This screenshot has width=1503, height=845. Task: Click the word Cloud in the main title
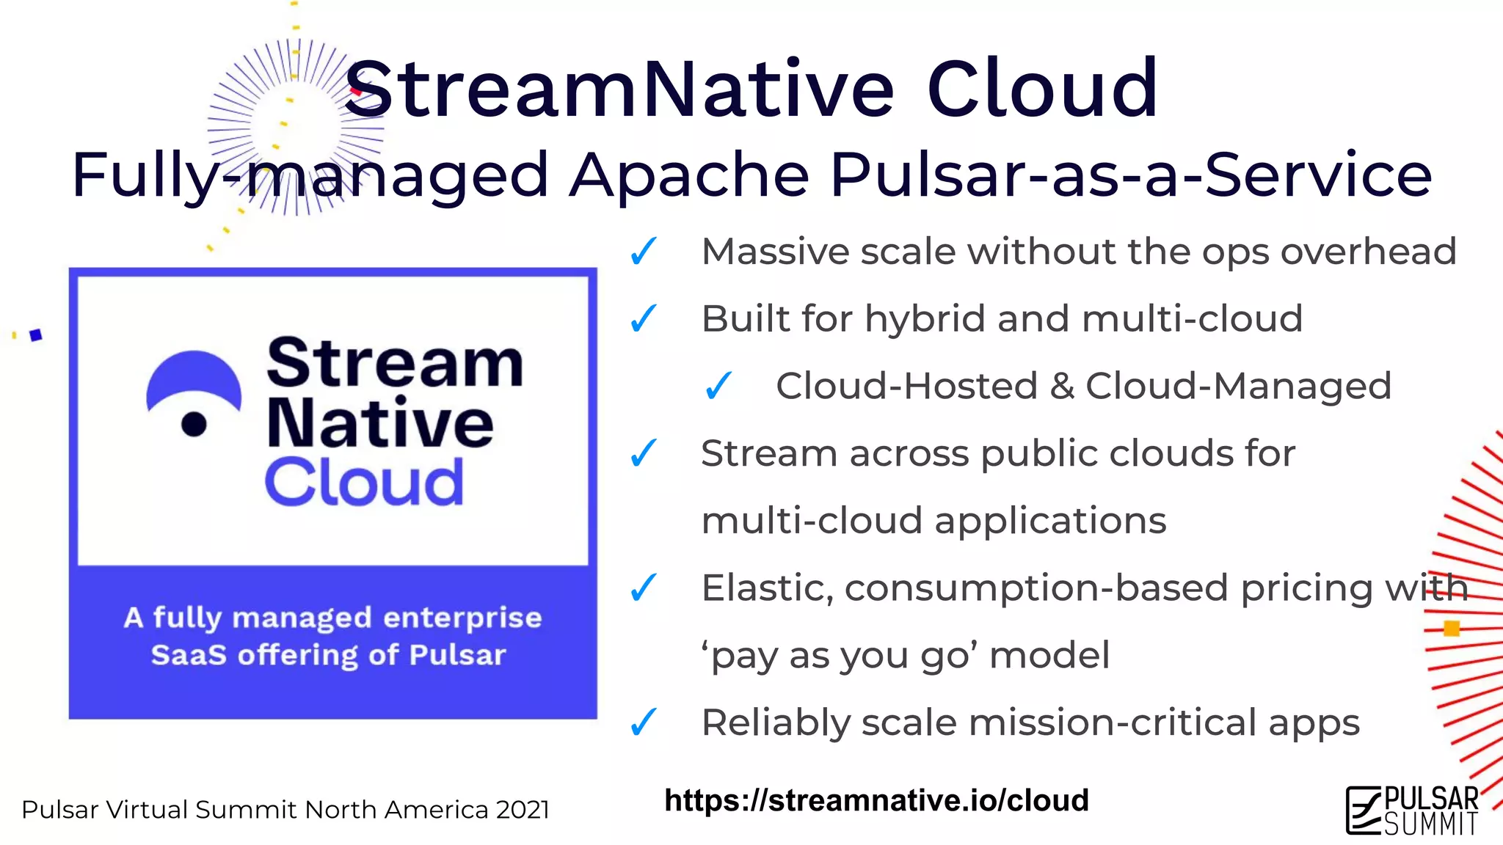pos(1042,89)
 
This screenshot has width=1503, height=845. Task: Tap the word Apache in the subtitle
pos(689,175)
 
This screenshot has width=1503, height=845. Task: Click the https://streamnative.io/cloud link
pos(876,800)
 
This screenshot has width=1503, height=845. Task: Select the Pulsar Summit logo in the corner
pos(1412,810)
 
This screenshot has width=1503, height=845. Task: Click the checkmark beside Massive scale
pos(644,252)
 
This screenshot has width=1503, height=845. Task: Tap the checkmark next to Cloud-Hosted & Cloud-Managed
pos(718,386)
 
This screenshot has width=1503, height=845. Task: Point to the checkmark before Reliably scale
pos(644,723)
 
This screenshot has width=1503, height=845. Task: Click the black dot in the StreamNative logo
pos(194,424)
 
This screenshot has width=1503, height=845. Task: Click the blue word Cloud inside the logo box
pos(364,483)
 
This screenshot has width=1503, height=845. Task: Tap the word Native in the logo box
pos(379,423)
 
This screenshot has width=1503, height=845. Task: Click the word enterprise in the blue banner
pos(462,618)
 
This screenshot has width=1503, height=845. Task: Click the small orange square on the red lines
pos(1452,629)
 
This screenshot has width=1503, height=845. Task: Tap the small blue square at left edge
pos(36,335)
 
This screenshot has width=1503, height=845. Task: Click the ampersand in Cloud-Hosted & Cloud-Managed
pos(1061,387)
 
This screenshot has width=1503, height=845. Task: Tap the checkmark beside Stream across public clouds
pos(644,453)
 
